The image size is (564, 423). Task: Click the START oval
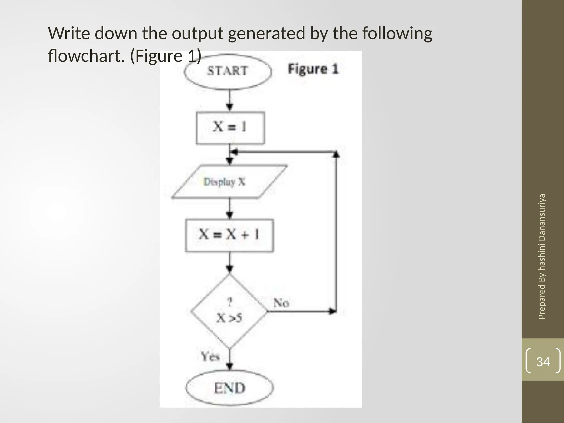pos(227,71)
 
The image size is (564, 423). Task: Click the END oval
pos(229,388)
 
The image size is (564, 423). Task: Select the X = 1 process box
pos(230,128)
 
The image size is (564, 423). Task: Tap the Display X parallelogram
pos(229,182)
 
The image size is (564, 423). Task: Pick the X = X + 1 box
pos(229,235)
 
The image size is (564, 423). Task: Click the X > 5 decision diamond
pos(229,311)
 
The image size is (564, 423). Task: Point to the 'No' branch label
pos(281,303)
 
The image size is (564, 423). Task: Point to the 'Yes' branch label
pos(210,356)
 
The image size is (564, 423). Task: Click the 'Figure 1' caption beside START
pos(313,69)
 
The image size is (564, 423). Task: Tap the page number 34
pos(543,362)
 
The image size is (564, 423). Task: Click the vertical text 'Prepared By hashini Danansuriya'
pos(542,256)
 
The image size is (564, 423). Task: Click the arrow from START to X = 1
pos(230,101)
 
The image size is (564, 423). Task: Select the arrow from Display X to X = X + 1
pos(230,208)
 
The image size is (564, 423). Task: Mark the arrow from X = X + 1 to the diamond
pos(230,263)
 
